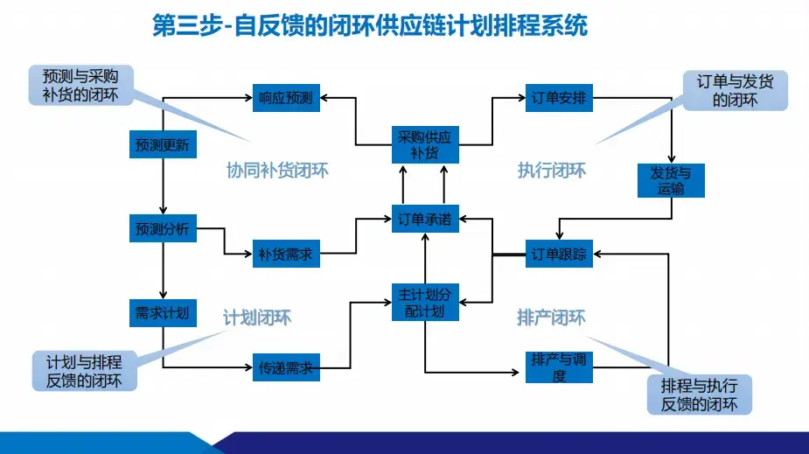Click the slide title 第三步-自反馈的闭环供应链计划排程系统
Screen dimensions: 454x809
click(370, 27)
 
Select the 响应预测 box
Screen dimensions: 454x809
click(286, 98)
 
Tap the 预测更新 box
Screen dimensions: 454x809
click(163, 144)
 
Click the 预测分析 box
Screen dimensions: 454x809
click(163, 229)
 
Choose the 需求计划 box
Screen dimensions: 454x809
click(163, 312)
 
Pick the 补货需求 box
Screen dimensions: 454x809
click(286, 255)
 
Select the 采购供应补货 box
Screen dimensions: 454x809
click(423, 145)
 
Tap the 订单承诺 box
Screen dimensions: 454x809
click(423, 220)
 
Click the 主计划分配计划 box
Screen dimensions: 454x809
click(423, 303)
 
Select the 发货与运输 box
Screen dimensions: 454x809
click(671, 180)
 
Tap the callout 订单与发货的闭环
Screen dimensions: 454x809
click(736, 90)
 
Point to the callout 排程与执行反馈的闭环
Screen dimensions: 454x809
click(699, 395)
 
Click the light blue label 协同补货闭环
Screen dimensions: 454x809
click(277, 171)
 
